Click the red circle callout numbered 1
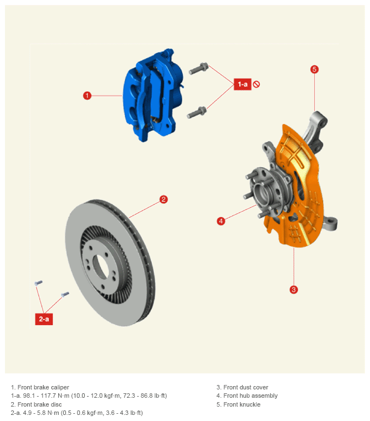87,96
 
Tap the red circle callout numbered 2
163,199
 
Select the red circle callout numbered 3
294,290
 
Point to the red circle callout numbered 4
221,221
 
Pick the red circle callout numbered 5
315,69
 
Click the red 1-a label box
243,84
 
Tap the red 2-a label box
44,319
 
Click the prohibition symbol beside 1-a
256,84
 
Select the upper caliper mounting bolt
198,68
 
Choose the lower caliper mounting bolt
197,112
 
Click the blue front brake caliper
152,95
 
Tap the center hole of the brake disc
100,266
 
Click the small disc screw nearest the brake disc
65,295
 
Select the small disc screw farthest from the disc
38,283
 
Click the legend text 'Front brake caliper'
43,387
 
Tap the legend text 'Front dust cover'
246,387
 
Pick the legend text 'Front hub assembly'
250,396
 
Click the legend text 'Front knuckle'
242,404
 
